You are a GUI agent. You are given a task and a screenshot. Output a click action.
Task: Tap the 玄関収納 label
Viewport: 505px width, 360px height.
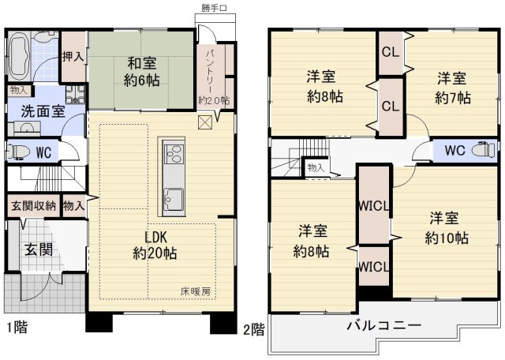(x=33, y=206)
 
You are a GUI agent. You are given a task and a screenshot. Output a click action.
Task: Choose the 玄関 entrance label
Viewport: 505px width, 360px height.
(x=37, y=249)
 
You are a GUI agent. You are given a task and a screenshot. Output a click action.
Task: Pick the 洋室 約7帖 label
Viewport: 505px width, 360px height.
(x=452, y=88)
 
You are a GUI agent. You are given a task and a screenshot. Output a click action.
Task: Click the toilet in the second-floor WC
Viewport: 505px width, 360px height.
(x=481, y=150)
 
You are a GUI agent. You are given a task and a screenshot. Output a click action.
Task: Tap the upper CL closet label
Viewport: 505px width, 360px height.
(x=390, y=54)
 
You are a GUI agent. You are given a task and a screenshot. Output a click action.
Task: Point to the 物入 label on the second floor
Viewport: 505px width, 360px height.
(x=316, y=167)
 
